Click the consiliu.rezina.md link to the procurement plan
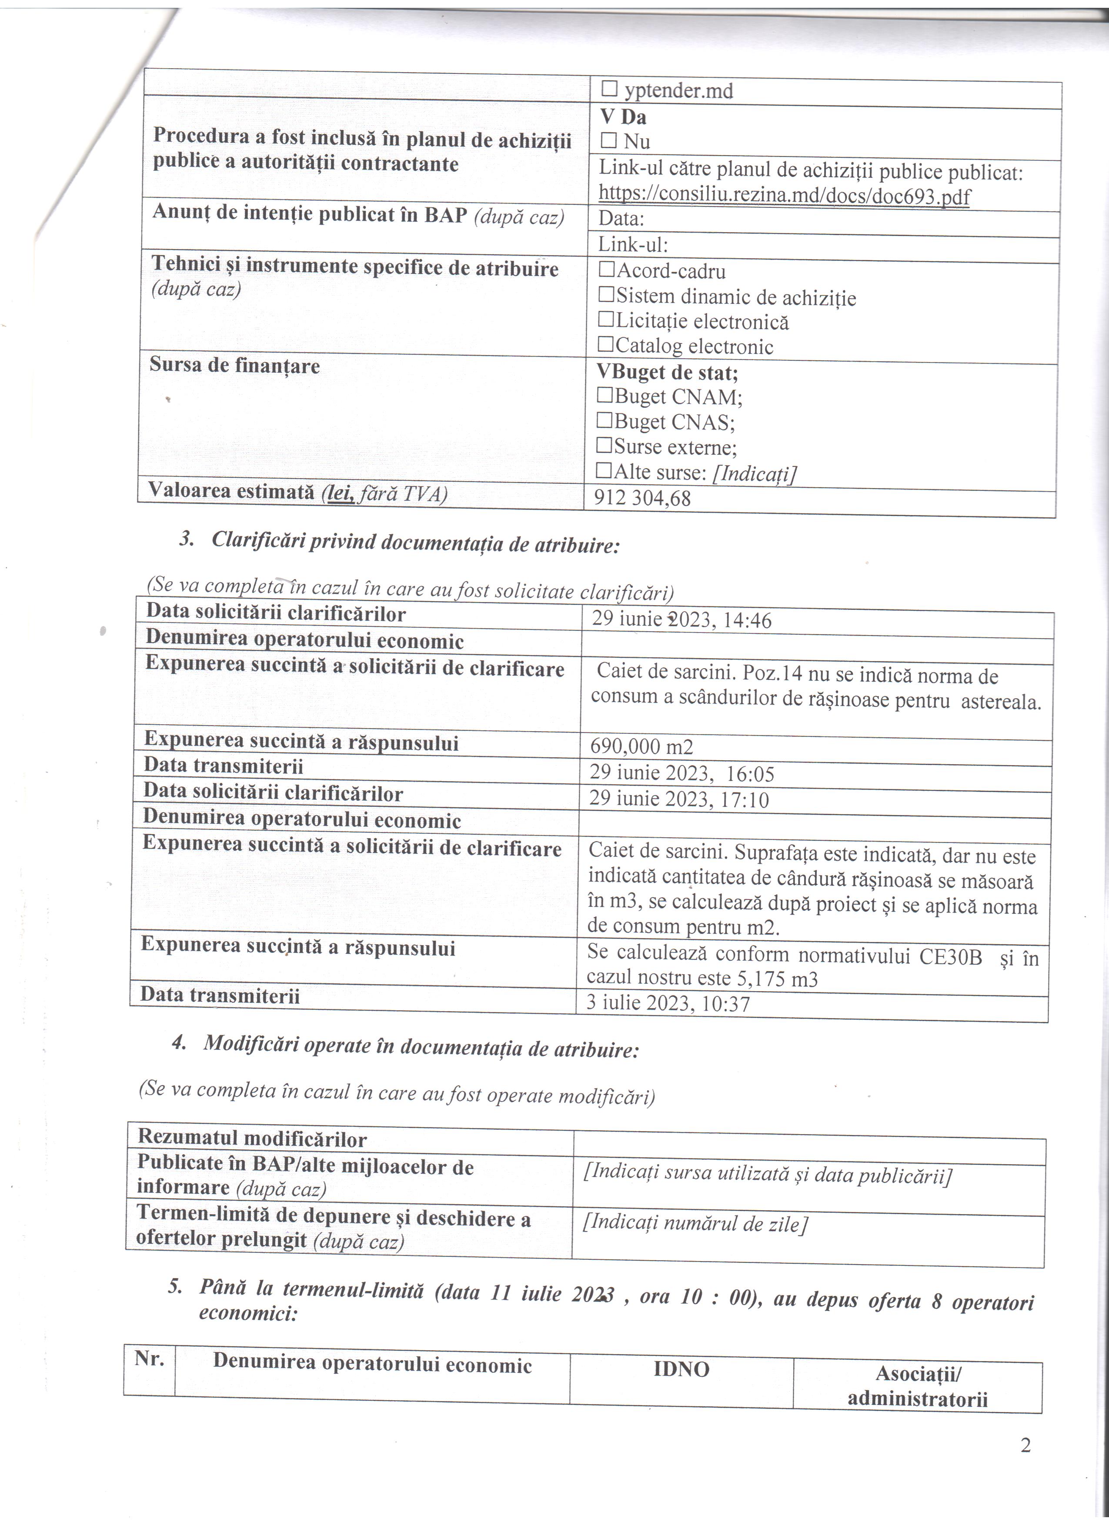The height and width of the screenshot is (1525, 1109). tap(784, 195)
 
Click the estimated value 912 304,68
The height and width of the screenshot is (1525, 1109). tap(642, 498)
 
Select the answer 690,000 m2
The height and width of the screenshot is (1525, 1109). tap(641, 746)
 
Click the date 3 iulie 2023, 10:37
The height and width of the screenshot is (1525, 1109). tap(668, 1004)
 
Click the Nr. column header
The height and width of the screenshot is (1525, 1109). tap(149, 1359)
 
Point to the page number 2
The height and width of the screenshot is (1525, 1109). tap(1025, 1445)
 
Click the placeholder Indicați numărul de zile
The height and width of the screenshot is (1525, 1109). tap(695, 1223)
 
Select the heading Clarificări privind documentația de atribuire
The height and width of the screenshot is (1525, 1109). tap(415, 543)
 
